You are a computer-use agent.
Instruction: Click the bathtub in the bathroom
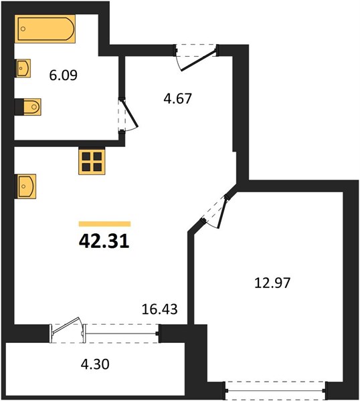45,29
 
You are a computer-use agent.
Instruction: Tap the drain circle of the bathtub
23,29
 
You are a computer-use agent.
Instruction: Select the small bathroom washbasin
23,68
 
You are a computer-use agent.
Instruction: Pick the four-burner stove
92,162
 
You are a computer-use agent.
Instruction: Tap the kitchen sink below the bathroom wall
27,186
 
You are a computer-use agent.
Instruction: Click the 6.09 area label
64,76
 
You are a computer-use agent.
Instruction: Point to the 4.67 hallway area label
178,99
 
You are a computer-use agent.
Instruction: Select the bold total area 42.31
104,241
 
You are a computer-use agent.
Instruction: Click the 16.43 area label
159,309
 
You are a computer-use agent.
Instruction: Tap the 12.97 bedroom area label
272,283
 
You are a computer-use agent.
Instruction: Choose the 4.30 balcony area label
95,364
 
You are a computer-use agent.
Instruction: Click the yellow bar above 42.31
105,224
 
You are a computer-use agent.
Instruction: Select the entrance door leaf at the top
199,60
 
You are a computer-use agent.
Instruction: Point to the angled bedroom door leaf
223,214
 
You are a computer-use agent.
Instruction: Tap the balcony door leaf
66,325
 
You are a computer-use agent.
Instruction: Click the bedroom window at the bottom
276,391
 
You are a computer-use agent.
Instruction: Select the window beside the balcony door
121,333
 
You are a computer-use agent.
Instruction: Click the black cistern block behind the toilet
19,107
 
